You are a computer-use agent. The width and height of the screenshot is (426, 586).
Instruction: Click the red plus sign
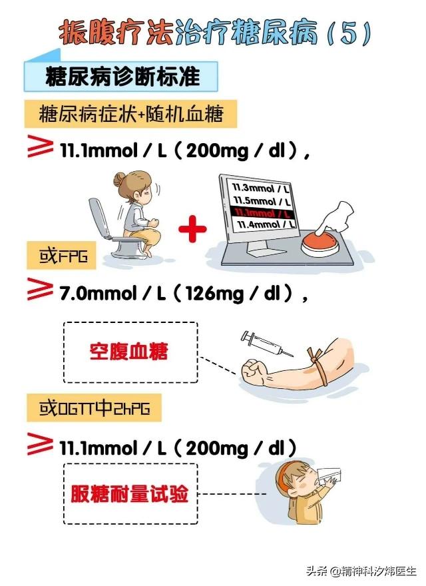[x=192, y=228]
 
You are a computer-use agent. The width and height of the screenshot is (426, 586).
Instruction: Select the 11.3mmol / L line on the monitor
[x=260, y=188]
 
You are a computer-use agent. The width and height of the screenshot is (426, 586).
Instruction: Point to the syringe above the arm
[x=266, y=344]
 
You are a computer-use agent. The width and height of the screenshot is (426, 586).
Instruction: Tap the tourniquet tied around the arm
[x=318, y=365]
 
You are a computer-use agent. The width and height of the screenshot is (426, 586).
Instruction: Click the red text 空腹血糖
[x=128, y=352]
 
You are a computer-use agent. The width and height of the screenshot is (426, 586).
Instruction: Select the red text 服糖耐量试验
[x=129, y=493]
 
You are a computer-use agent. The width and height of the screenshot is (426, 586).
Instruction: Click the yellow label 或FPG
[x=62, y=256]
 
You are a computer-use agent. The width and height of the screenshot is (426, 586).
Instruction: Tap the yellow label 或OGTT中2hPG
[x=94, y=408]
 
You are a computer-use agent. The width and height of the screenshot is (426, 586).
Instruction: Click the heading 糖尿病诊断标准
[x=122, y=77]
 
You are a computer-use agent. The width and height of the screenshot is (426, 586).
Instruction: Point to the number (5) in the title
[x=349, y=33]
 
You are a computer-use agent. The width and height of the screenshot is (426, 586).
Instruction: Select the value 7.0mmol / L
[x=112, y=294]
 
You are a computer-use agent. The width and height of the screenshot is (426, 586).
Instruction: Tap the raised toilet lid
[x=99, y=218]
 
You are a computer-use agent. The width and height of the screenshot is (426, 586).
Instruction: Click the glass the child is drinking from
[x=329, y=475]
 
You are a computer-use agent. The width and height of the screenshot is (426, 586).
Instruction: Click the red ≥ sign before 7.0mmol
[x=40, y=289]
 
